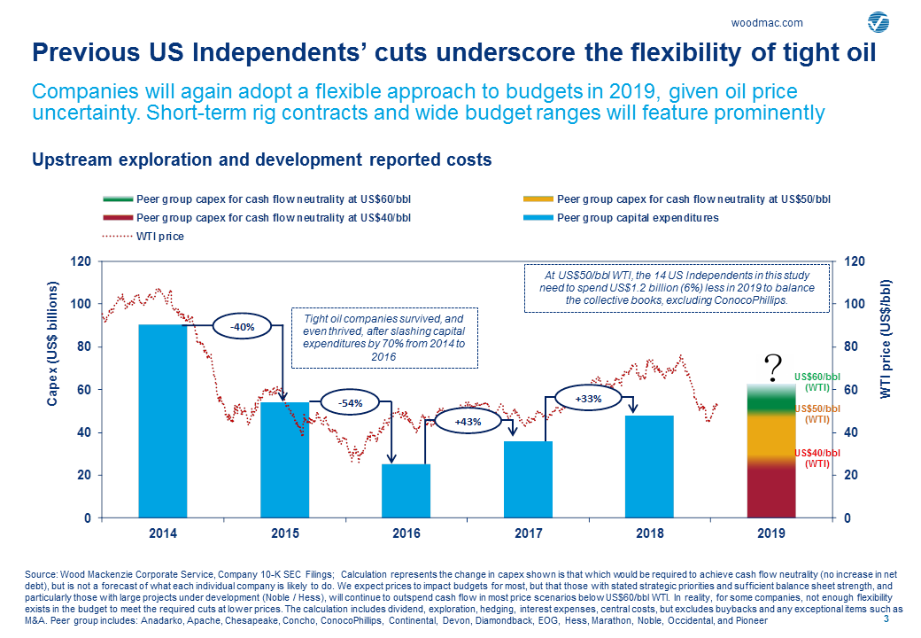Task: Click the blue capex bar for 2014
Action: click(x=162, y=421)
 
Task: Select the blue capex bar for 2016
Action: click(x=406, y=491)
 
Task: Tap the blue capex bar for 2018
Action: click(x=650, y=466)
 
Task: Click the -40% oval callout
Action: click(x=242, y=327)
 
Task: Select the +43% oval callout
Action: click(x=467, y=422)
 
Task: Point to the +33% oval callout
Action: click(x=588, y=400)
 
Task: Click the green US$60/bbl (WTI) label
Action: click(x=817, y=382)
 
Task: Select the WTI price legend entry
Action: click(x=160, y=237)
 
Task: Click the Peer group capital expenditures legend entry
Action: click(x=638, y=217)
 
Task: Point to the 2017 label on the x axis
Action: click(x=528, y=534)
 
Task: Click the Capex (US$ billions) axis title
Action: click(x=52, y=346)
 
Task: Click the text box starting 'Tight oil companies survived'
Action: click(x=384, y=337)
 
